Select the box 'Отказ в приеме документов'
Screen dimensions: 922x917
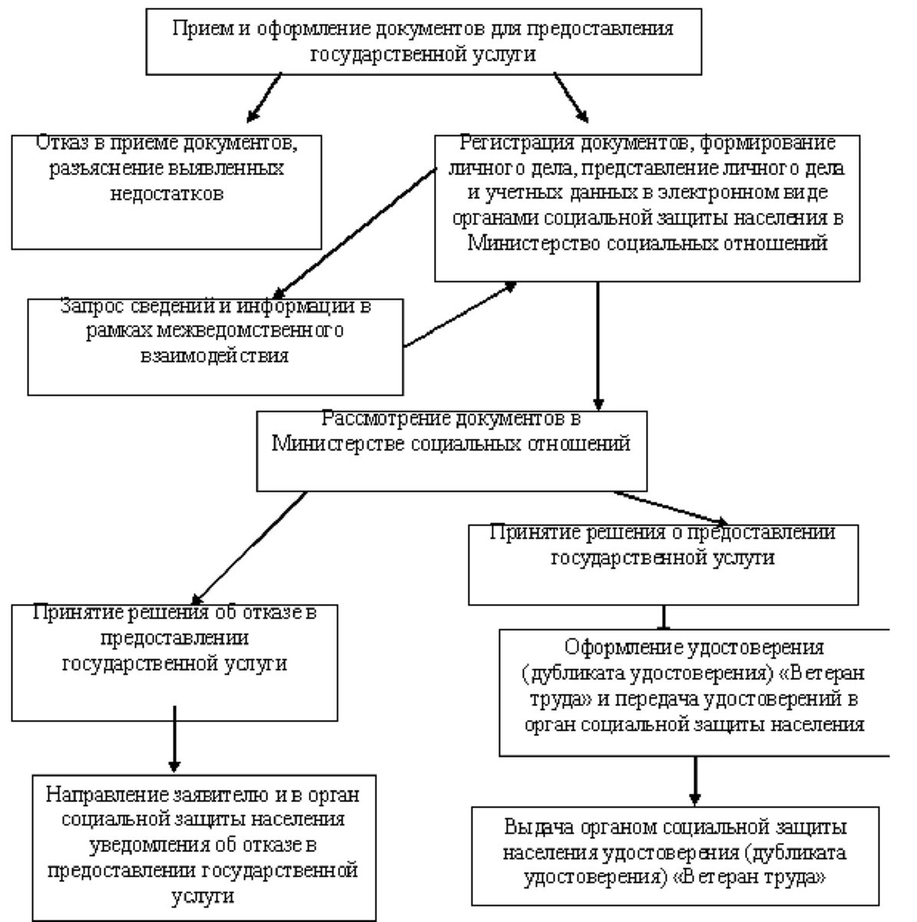tap(166, 192)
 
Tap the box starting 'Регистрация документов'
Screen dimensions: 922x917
tap(647, 207)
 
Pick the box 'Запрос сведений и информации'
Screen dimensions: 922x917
tap(215, 347)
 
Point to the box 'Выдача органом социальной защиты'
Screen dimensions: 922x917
tap(675, 855)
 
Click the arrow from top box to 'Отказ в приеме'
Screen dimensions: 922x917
tap(264, 98)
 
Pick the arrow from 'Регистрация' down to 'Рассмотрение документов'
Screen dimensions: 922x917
tap(598, 346)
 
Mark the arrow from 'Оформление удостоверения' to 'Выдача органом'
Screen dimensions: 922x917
tap(695, 780)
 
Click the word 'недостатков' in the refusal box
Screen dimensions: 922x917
tap(167, 194)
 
